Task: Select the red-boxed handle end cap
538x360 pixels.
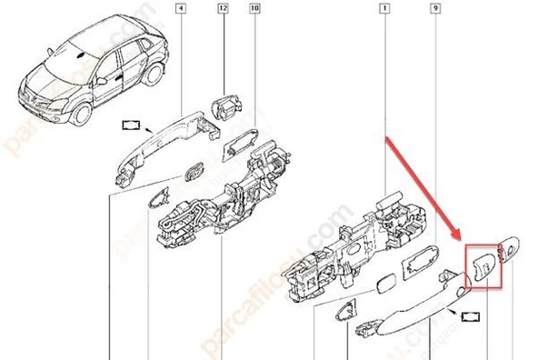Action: click(x=482, y=265)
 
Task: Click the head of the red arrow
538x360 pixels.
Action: click(x=461, y=238)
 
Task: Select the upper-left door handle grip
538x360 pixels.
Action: click(x=169, y=130)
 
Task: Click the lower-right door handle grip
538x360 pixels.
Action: click(x=413, y=309)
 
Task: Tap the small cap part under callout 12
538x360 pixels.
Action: click(x=225, y=105)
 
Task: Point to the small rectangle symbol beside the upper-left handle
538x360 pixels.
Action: click(x=133, y=124)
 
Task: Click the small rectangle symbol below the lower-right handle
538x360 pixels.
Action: click(x=473, y=317)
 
